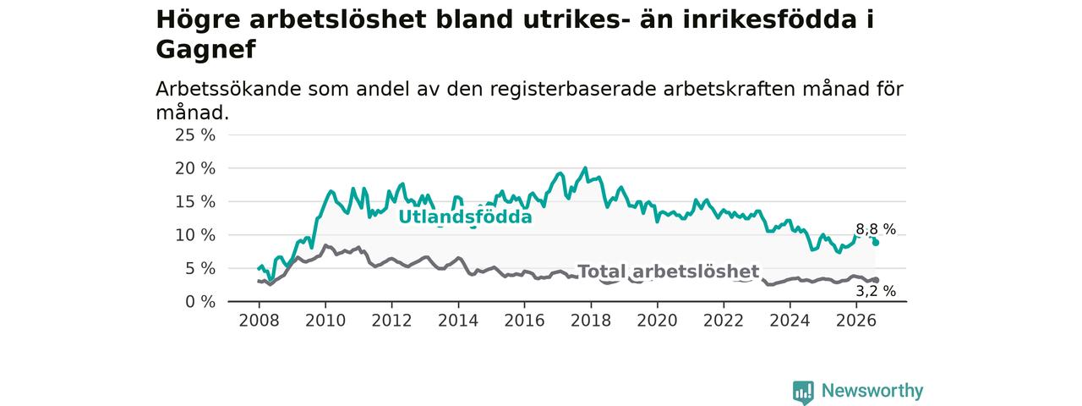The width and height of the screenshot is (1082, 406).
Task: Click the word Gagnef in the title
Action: [x=205, y=50]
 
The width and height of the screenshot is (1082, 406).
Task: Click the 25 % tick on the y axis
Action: [x=195, y=134]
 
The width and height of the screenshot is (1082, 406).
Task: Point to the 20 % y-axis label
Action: [x=195, y=168]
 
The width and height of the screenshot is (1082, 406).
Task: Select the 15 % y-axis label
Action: [x=195, y=201]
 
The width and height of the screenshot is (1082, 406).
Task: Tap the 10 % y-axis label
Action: [x=195, y=235]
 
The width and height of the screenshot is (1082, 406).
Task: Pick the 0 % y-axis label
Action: [x=200, y=302]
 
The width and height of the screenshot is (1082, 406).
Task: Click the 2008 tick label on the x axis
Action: [x=259, y=321]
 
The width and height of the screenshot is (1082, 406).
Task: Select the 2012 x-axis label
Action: [x=391, y=321]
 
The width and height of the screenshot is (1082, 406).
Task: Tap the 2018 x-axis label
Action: [x=591, y=321]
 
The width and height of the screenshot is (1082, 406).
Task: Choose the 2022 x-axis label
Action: [x=724, y=321]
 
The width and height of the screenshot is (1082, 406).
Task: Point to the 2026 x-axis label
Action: [x=856, y=321]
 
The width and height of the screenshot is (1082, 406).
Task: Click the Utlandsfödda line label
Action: [x=465, y=217]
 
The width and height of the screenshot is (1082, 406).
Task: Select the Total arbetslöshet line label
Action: [x=669, y=272]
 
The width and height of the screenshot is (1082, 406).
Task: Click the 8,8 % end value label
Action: [x=876, y=229]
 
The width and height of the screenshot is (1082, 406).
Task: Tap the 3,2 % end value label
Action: [x=876, y=291]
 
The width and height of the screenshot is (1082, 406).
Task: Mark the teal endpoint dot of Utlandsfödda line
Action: [x=876, y=243]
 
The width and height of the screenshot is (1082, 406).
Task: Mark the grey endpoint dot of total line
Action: [x=876, y=280]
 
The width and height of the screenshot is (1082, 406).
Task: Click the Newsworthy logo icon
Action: [x=803, y=392]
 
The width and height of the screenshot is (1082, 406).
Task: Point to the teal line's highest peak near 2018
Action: [x=586, y=168]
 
